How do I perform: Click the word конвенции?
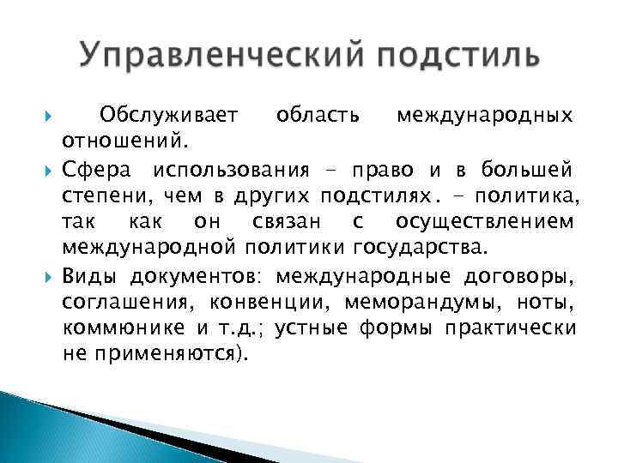(x=278, y=304)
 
